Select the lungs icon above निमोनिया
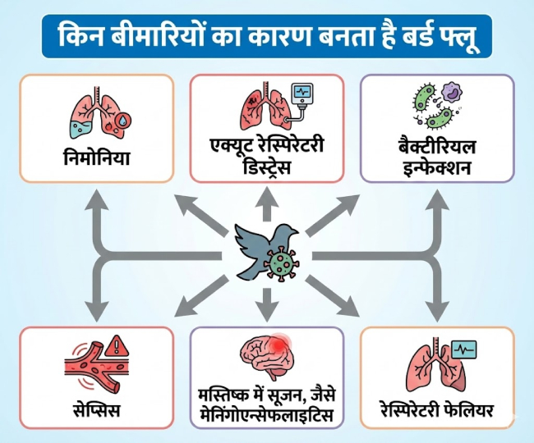point(97,110)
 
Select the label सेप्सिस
point(97,408)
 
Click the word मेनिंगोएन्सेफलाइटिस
point(266,417)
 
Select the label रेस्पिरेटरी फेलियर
point(437,408)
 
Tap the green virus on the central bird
point(282,263)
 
